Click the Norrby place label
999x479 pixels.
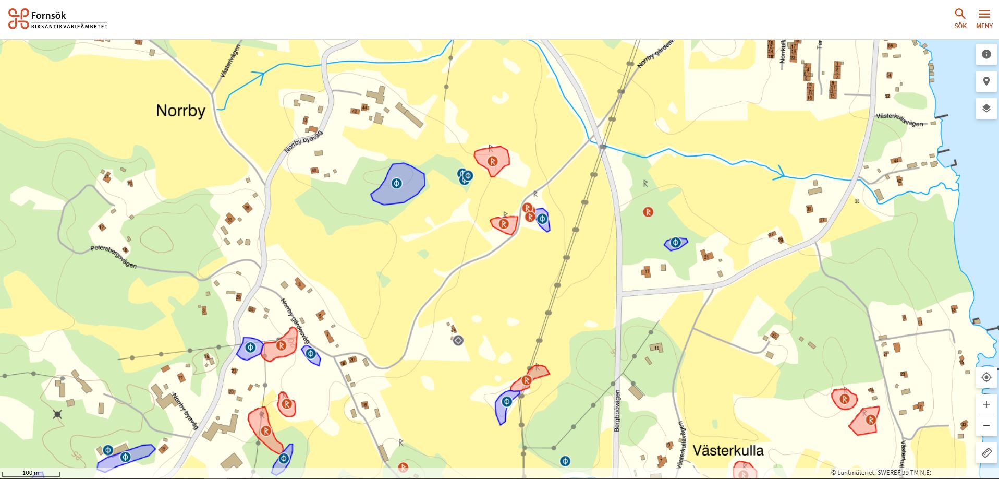(x=180, y=111)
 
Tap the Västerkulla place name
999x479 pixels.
(x=728, y=450)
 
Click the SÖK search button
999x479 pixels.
(x=960, y=19)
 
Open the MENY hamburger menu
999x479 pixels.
(x=984, y=19)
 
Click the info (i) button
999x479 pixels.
(x=986, y=54)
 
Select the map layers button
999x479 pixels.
(x=986, y=109)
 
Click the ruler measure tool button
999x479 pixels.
(x=986, y=453)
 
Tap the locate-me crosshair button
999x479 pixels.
(x=986, y=377)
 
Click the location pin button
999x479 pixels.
(x=986, y=81)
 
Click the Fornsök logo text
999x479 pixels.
(x=48, y=16)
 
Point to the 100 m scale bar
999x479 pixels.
(x=31, y=473)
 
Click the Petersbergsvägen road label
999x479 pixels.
(x=114, y=256)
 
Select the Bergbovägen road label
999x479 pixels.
(x=617, y=411)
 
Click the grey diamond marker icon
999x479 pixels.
(x=458, y=341)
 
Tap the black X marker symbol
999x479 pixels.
(x=57, y=414)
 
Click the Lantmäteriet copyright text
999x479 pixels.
(x=880, y=473)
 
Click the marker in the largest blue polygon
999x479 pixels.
(x=397, y=183)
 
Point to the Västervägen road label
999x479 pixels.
(x=230, y=61)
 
